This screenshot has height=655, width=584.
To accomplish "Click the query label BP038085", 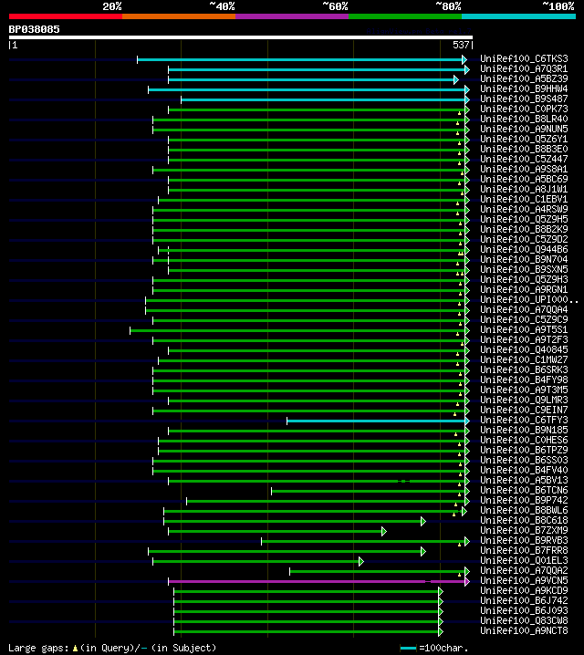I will coord(35,29).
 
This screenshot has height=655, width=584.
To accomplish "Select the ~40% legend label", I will coord(222,6).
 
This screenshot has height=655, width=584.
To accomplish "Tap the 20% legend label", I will coord(112,6).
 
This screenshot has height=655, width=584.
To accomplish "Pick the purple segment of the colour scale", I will coord(291,16).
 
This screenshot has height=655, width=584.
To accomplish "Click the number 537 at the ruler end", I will coord(461,45).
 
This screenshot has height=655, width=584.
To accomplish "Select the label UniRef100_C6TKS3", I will coord(524,59).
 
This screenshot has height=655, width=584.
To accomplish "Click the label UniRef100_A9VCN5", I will coord(524,581).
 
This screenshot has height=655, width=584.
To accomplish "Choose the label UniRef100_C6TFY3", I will coord(524,421).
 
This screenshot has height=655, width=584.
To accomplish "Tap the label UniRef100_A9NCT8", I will coord(524,631).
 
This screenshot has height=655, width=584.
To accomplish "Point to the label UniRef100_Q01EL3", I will coord(524,561).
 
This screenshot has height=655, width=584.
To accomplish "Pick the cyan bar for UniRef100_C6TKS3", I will coord(301,59).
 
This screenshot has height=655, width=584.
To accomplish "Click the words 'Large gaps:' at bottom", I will coord(37,648).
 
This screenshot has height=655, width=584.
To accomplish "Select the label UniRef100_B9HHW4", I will coord(524,89).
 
